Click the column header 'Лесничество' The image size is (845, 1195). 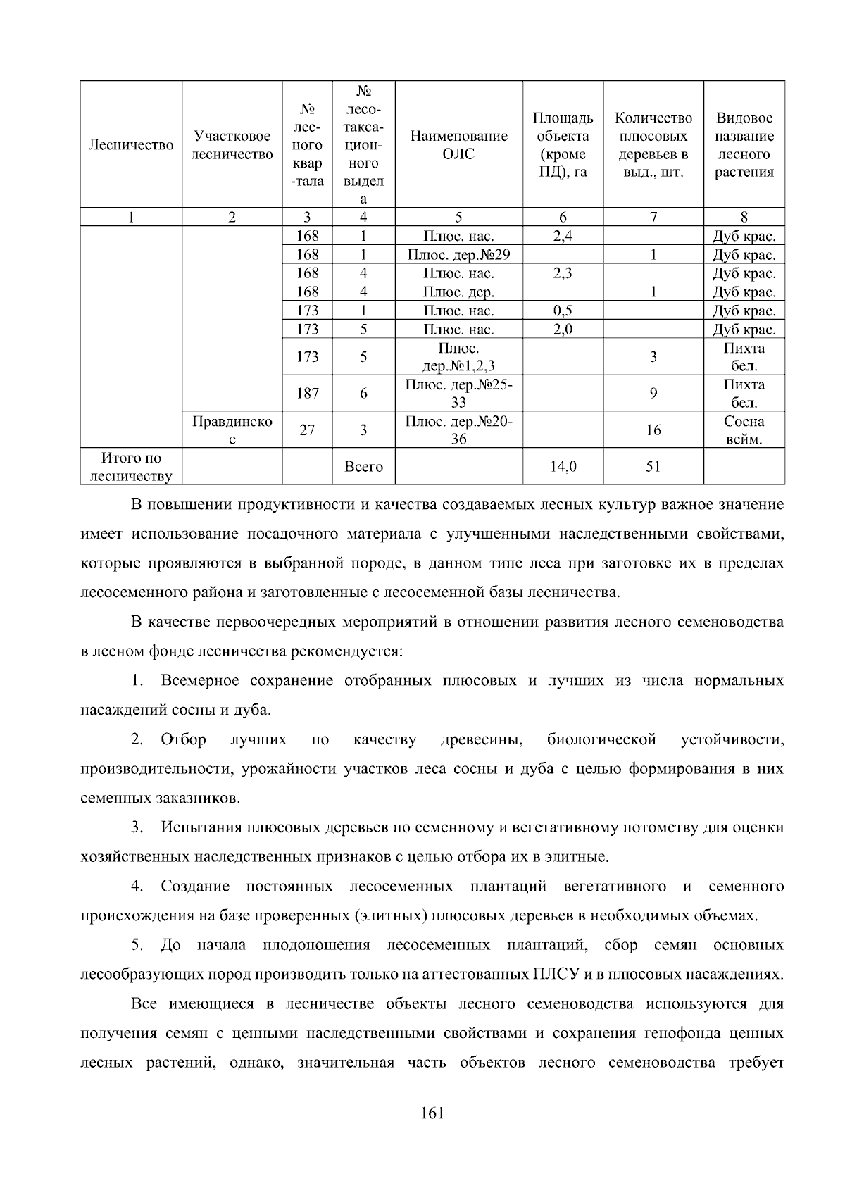(131, 145)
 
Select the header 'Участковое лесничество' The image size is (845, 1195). (232, 145)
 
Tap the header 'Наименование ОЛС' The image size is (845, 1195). (458, 145)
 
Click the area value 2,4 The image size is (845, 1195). (562, 236)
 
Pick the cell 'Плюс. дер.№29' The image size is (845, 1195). (458, 255)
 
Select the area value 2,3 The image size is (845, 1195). (562, 273)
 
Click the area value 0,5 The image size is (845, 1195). (562, 311)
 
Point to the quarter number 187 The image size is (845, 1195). (307, 394)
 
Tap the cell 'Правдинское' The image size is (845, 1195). (232, 430)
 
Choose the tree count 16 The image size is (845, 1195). (653, 430)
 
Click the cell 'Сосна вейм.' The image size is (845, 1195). (744, 430)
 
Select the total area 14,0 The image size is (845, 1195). (562, 467)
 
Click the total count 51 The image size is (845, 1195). (653, 467)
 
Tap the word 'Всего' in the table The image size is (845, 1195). (363, 467)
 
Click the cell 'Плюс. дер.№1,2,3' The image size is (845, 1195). (458, 357)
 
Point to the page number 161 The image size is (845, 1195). (432, 1113)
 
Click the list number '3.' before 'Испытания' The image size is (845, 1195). (137, 827)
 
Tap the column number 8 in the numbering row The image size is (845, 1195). (744, 218)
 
